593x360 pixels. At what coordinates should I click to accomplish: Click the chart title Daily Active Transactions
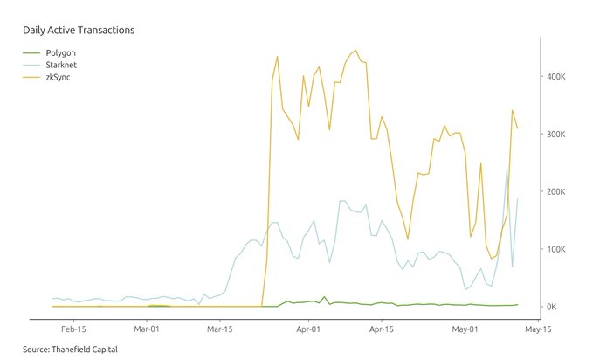click(79, 31)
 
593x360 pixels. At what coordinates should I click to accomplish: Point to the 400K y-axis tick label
click(559, 77)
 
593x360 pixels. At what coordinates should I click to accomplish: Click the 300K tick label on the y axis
click(559, 135)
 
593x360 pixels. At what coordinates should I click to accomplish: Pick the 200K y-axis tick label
click(559, 192)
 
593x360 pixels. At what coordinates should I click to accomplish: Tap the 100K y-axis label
click(559, 250)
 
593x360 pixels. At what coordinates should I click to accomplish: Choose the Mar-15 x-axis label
click(220, 330)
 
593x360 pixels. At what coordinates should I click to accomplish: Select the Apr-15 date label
click(382, 330)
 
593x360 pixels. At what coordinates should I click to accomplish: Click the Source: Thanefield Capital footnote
click(70, 350)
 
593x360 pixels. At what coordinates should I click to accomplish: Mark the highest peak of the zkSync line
click(355, 51)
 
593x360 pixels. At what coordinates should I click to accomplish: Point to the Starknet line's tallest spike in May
click(507, 169)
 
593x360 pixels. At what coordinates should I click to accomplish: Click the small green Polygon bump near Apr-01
click(324, 297)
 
